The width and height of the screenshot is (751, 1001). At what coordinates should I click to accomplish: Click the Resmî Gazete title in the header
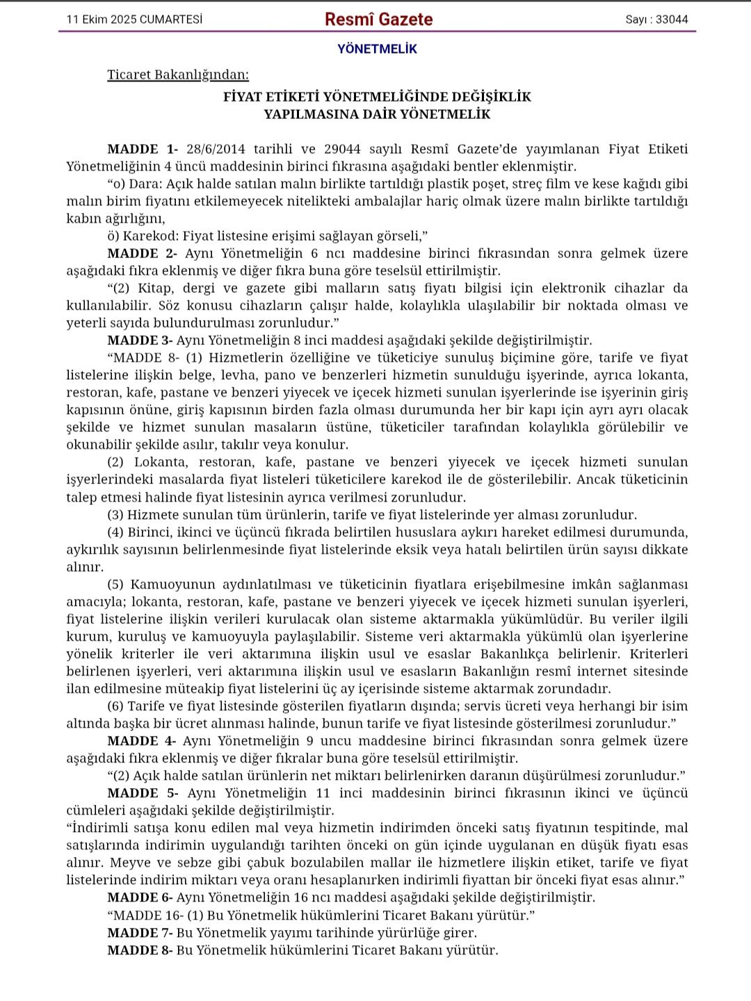click(x=378, y=19)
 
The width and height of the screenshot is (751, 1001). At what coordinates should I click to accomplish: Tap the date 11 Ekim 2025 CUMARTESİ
click(x=134, y=19)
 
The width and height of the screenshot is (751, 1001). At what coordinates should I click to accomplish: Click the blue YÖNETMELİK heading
click(x=377, y=49)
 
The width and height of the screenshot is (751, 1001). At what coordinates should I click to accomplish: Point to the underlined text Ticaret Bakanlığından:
click(x=178, y=74)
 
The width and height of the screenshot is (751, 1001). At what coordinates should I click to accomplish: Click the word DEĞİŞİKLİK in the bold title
click(x=491, y=97)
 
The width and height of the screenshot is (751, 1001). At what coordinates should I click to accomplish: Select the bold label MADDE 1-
click(x=143, y=149)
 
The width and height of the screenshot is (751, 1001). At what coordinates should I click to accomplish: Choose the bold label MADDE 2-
click(x=143, y=253)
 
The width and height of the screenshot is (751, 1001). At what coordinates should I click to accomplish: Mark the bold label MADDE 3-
click(x=140, y=340)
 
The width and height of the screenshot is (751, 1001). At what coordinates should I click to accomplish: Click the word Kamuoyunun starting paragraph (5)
click(x=171, y=584)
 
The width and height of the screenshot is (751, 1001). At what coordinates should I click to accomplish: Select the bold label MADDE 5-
click(x=143, y=793)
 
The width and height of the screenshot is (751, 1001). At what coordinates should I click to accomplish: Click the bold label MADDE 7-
click(x=140, y=933)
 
